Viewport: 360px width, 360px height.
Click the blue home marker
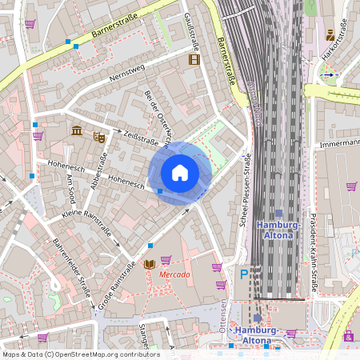click(180, 172)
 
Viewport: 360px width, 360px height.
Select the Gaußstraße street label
click(191, 28)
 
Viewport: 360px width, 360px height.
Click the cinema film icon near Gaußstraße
click(193, 59)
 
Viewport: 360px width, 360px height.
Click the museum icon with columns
click(76, 130)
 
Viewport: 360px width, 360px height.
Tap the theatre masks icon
click(99, 137)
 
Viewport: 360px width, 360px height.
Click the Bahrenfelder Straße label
click(71, 267)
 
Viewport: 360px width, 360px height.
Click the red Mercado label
click(174, 274)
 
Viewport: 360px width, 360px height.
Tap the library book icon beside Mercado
click(149, 264)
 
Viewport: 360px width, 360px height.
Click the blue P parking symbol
click(244, 274)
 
